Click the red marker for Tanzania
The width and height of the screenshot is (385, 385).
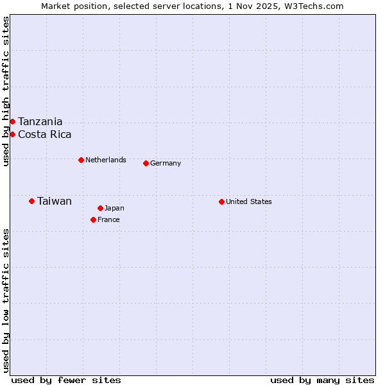coord(12,121)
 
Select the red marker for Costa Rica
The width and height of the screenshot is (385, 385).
coord(12,134)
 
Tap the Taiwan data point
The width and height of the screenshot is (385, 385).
coord(31,201)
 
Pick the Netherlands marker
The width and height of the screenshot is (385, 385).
coord(81,160)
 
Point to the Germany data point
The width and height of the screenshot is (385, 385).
coord(146,163)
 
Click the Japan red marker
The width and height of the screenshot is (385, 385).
coord(100,208)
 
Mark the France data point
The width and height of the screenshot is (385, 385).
coord(93,219)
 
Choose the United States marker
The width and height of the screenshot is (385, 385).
coord(221,201)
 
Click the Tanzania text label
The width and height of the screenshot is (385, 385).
coord(40,121)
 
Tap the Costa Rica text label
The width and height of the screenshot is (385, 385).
coord(44,134)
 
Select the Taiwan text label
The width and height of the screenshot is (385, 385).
coord(55,201)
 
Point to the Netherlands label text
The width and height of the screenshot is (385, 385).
coord(106,160)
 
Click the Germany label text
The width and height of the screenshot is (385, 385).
coord(166,163)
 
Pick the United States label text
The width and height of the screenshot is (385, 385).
coord(249,201)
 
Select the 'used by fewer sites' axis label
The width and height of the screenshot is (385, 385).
coord(66,380)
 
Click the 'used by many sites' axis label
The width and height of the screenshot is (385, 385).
coord(322,380)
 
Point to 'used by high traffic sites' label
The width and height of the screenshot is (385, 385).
coord(6,92)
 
